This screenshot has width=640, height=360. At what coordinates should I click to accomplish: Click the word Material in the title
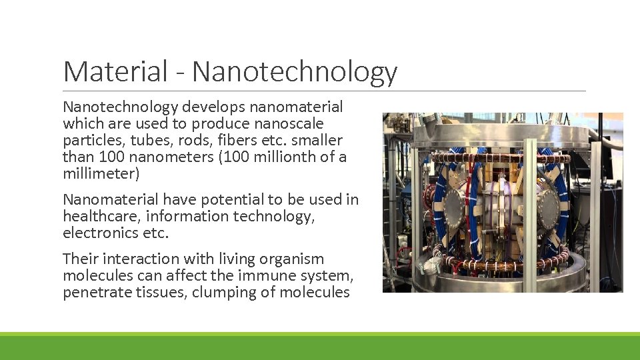tap(115, 71)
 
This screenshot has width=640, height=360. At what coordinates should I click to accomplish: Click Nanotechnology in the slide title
tap(295, 72)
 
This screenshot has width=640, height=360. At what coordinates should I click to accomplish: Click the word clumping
tap(223, 292)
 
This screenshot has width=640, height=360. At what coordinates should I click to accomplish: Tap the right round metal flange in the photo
tap(548, 208)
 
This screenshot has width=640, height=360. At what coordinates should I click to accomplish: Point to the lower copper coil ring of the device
tap(500, 259)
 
